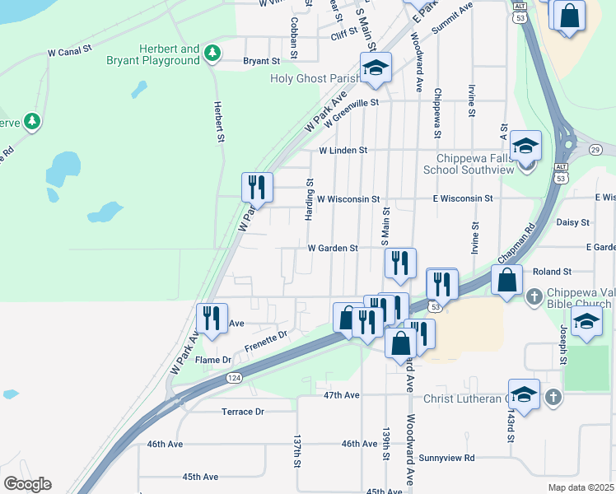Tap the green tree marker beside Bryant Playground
click(x=213, y=53)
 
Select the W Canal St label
click(x=73, y=53)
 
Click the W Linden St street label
click(x=343, y=151)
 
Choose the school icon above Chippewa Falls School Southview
click(x=525, y=147)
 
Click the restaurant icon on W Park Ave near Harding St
click(x=257, y=187)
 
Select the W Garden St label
click(x=333, y=248)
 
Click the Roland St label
click(x=552, y=271)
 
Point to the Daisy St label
click(x=573, y=222)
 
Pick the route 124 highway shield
click(x=235, y=378)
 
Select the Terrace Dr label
click(x=242, y=412)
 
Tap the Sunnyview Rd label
click(x=446, y=458)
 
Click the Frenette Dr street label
click(x=264, y=336)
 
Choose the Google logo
click(x=28, y=484)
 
